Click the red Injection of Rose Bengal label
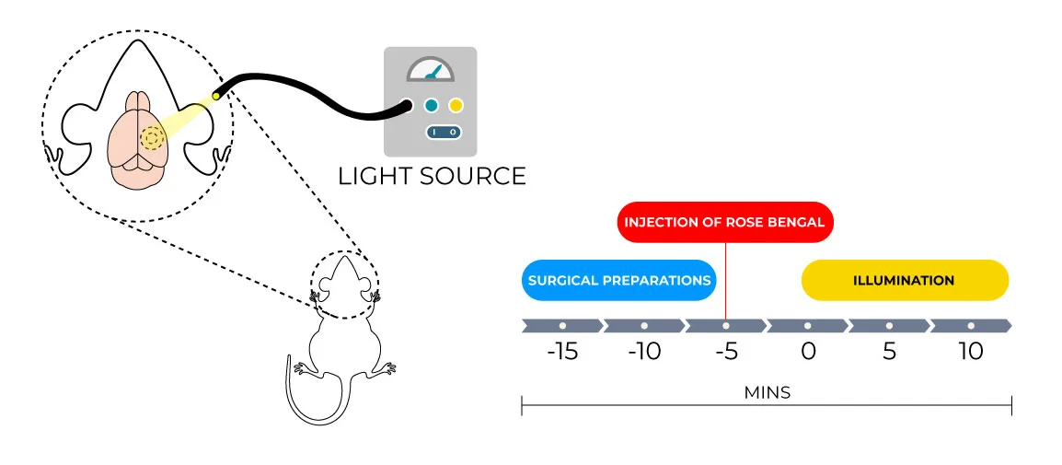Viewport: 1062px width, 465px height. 725,222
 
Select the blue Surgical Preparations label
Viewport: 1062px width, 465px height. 619,280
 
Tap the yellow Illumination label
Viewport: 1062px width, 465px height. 904,280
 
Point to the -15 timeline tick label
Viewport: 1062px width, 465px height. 561,352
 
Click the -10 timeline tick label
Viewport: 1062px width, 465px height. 643,352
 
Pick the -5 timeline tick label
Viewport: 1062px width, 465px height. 725,352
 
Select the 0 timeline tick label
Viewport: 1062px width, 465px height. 808,352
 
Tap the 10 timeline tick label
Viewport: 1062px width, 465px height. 970,352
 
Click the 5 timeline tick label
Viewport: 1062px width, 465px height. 889,352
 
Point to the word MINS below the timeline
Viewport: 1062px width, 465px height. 767,392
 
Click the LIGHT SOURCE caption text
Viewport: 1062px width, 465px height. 432,176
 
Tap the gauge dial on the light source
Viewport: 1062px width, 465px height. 431,72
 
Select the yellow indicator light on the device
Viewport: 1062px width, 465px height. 456,105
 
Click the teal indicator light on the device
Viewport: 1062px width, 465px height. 431,105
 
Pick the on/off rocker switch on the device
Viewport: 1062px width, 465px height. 444,133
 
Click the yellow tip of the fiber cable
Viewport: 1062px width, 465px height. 216,95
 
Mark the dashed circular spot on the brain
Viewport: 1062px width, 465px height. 153,138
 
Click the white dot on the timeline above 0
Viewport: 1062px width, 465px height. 808,325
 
